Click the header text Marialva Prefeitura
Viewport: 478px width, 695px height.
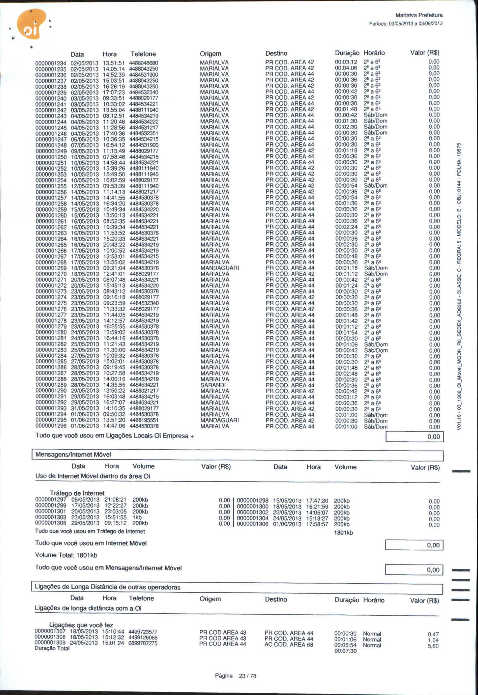click(419, 15)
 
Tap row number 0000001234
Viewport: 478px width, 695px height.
click(51, 63)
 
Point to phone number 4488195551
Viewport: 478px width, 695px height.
click(144, 420)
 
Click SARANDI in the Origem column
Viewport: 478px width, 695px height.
click(213, 385)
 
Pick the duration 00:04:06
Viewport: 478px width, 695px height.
click(346, 68)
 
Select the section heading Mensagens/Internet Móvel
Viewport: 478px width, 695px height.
click(73, 454)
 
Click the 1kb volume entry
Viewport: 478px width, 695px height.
click(137, 517)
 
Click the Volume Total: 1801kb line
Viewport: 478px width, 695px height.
click(66, 555)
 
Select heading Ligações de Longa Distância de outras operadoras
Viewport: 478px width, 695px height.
click(108, 587)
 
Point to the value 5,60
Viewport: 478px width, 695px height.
click(433, 646)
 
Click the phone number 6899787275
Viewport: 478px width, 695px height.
click(143, 643)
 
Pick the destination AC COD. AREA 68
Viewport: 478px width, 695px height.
click(289, 645)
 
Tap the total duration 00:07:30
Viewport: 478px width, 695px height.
click(345, 651)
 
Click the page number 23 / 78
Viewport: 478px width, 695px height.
click(247, 676)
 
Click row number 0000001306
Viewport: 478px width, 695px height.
click(252, 524)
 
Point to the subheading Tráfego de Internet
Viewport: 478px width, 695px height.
click(77, 493)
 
